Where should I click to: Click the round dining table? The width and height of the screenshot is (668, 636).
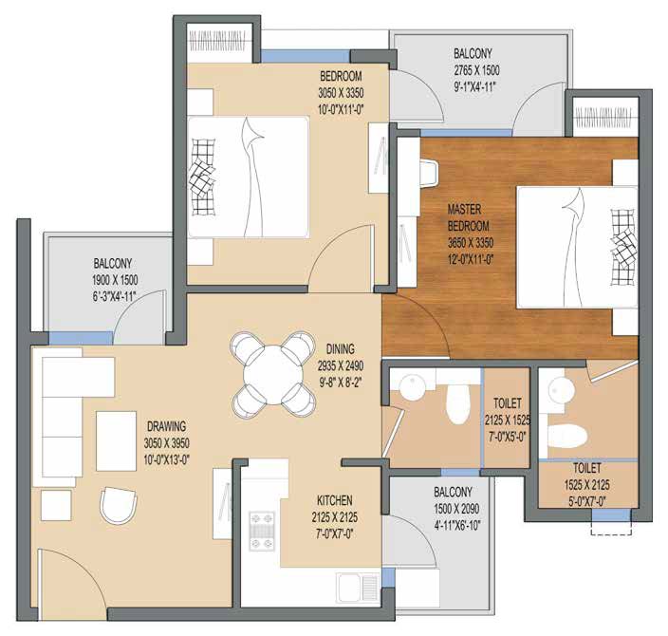(273, 375)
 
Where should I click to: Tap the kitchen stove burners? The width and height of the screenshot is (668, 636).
(262, 532)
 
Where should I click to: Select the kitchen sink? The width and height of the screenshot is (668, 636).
(359, 588)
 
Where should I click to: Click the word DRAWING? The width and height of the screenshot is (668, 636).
(166, 426)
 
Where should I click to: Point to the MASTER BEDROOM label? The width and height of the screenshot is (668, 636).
(468, 217)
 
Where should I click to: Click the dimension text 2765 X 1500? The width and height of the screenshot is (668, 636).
(476, 70)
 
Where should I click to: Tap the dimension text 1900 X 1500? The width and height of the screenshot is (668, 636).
(115, 280)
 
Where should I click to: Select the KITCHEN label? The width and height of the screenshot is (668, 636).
(334, 500)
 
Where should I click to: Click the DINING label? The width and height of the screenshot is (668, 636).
(340, 349)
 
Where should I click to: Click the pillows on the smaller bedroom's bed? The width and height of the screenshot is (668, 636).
(202, 177)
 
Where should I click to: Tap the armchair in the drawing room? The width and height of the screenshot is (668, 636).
(119, 506)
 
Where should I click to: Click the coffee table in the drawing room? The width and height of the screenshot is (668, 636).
(117, 440)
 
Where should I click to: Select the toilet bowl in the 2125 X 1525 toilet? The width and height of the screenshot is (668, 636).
(457, 403)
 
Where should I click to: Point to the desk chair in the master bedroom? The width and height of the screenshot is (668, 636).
(430, 173)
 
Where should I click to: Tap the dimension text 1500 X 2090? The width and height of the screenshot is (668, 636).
(456, 509)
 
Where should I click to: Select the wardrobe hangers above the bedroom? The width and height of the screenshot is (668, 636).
(217, 41)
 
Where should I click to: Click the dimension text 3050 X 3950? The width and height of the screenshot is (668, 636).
(166, 443)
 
